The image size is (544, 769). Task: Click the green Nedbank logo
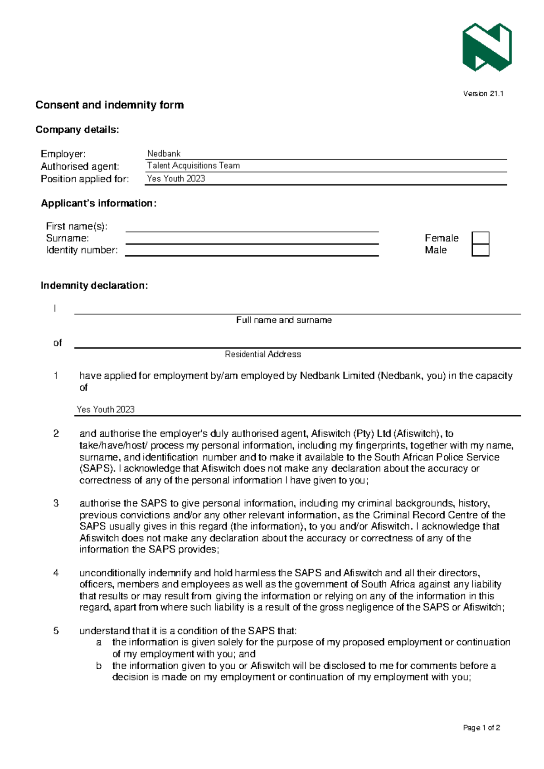[487, 47]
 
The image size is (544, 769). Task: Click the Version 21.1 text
[483, 94]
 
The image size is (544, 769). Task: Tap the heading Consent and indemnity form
[110, 105]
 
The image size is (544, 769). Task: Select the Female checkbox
[480, 238]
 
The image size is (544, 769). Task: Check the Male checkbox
[480, 250]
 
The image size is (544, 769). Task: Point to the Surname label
[67, 238]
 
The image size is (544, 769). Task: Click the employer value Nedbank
[164, 154]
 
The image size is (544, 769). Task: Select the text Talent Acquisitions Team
[194, 166]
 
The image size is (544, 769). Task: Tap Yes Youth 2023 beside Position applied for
[176, 179]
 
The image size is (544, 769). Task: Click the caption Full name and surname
[284, 320]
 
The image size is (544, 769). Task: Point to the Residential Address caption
[263, 355]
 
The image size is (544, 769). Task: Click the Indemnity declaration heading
[94, 286]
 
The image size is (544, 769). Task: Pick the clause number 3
[56, 503]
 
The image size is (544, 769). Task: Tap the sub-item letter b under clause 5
[99, 666]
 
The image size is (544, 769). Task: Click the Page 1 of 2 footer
[481, 728]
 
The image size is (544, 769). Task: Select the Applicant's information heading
[99, 204]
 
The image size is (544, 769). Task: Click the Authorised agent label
[80, 166]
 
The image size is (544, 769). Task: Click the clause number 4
[56, 573]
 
